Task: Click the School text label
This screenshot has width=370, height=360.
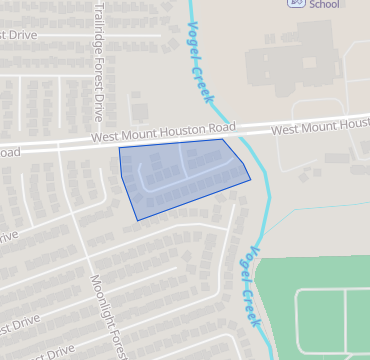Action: pyautogui.click(x=324, y=4)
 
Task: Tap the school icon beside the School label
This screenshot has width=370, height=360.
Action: pyautogui.click(x=297, y=3)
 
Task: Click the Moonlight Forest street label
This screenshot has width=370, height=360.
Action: pyautogui.click(x=111, y=316)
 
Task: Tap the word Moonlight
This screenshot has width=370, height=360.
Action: pyautogui.click(x=103, y=299)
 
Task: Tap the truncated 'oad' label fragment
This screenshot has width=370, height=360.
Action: pyautogui.click(x=8, y=153)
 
